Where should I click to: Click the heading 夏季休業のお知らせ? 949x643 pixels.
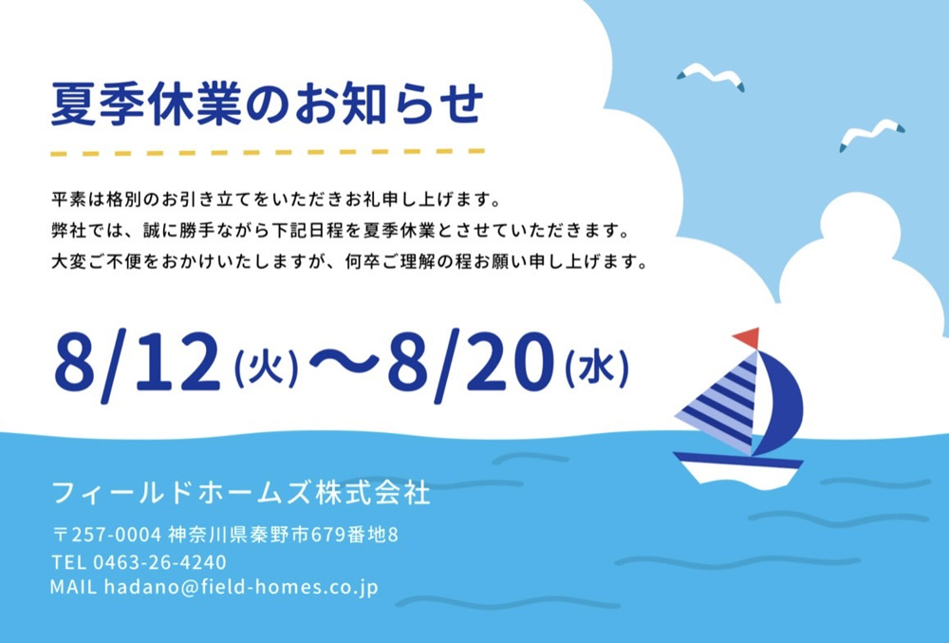pos(268,104)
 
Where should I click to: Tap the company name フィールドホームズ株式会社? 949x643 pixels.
pos(241,493)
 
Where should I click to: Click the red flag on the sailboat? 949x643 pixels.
pos(747,337)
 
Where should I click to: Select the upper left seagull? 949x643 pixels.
pos(710,75)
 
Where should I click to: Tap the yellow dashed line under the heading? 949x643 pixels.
pos(268,152)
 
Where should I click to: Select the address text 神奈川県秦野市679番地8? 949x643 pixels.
pos(283,535)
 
